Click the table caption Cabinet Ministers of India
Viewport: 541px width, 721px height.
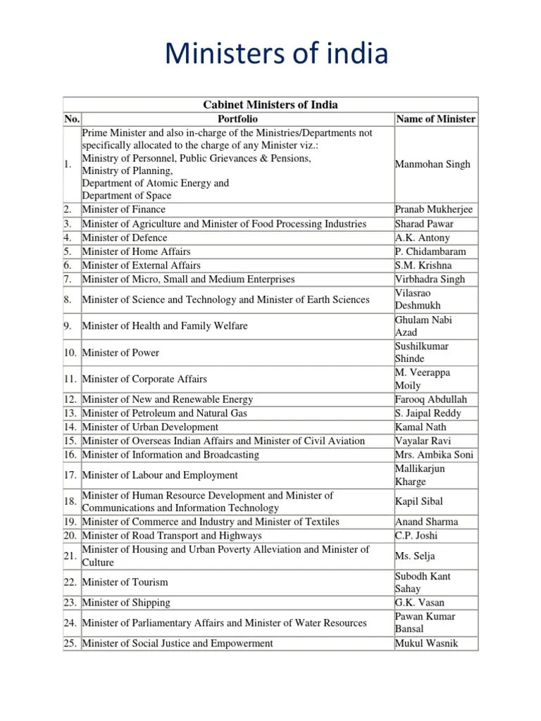point(270,105)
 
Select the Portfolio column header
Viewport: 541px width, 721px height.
point(237,119)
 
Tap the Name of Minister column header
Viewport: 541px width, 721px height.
point(435,119)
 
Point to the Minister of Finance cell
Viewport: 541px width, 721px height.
point(124,210)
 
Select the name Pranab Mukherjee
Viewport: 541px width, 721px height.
point(434,210)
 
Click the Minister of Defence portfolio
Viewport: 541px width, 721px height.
point(125,238)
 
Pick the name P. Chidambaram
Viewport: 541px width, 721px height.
point(430,251)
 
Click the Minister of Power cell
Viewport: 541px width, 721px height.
point(120,353)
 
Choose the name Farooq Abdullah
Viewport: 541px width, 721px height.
point(431,399)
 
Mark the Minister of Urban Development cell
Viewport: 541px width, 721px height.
point(150,427)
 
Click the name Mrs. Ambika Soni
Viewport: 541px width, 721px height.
point(434,455)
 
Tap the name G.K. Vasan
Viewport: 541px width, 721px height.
point(420,603)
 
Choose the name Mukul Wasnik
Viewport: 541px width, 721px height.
point(427,643)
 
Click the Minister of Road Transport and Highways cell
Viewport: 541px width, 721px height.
point(172,536)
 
